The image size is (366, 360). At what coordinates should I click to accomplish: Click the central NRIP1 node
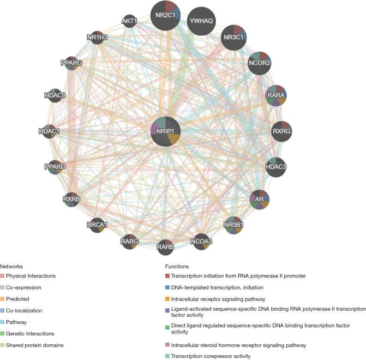tap(165, 131)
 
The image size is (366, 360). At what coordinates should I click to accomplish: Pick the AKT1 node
tap(128, 21)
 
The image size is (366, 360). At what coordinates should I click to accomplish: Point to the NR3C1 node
tap(234, 37)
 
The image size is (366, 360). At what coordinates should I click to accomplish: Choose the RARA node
tap(276, 96)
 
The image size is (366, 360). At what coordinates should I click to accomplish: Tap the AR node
tap(259, 199)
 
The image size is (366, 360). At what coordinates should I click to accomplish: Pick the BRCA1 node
tap(97, 225)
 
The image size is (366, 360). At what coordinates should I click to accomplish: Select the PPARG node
tap(71, 63)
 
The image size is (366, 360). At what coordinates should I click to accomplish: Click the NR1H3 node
tap(97, 37)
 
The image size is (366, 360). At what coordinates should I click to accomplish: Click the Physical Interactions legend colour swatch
tap(2, 276)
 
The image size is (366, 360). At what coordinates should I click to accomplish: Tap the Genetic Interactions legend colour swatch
tap(2, 334)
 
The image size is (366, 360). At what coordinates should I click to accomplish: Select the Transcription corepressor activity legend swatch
tap(167, 356)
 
